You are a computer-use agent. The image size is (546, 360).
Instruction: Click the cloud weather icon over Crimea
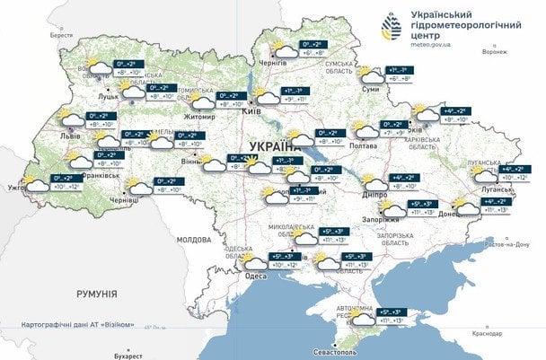[x=363, y=318]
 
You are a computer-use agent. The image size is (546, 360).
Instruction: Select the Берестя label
[x=61, y=35]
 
